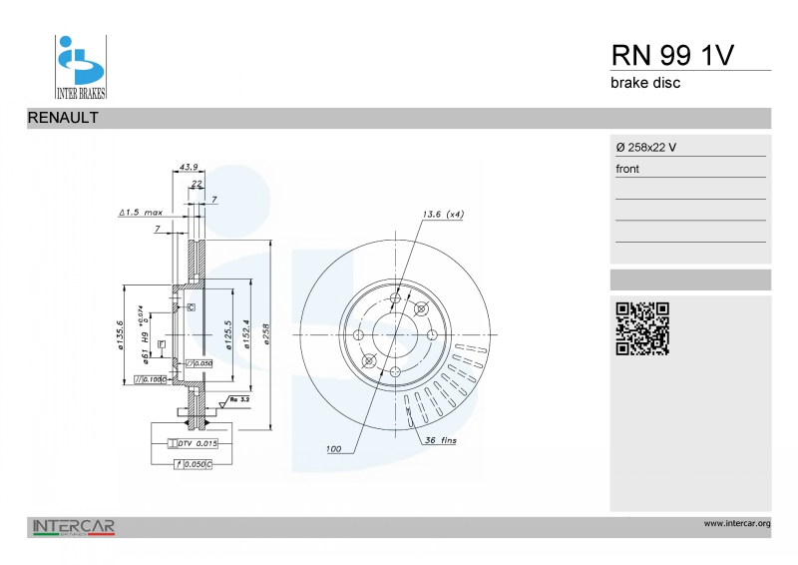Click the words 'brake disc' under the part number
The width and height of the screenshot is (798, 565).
point(645,83)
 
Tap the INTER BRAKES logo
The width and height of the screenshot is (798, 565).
point(80,67)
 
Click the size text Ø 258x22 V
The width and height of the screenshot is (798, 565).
point(646,148)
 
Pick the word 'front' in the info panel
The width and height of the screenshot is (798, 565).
point(627,169)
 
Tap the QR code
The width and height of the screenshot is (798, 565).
point(641,328)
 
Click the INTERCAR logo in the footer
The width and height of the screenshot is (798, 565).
point(74,526)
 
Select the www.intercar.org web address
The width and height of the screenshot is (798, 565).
point(737,522)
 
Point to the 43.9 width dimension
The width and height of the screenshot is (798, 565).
point(189,166)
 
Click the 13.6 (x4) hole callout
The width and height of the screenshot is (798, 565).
point(443,215)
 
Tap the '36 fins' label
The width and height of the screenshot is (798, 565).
point(441,440)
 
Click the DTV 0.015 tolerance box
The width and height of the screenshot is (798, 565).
point(198,442)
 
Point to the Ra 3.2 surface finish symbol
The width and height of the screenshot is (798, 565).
point(239,399)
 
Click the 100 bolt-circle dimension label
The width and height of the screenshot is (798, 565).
point(333,449)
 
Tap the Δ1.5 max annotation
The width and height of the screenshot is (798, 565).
point(141,214)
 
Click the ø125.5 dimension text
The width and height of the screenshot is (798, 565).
point(228,334)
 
